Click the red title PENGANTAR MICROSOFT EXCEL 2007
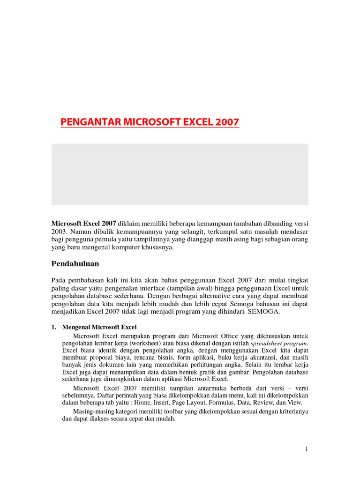[x=150, y=122]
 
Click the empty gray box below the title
[x=180, y=174]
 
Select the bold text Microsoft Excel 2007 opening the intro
[x=84, y=223]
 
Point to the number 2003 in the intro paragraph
[x=60, y=231]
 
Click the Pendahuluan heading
[x=75, y=264]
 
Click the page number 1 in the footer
[x=307, y=449]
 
